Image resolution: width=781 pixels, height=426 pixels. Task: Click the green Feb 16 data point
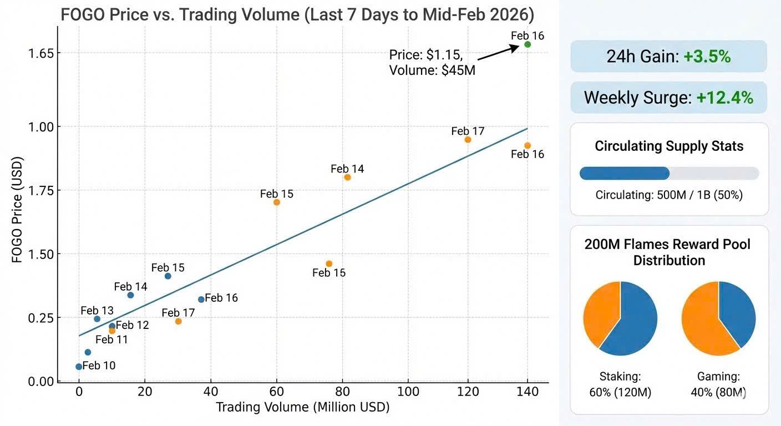[528, 44]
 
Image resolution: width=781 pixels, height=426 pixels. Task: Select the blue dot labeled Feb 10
[79, 367]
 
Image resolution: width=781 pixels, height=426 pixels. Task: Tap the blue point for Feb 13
[97, 319]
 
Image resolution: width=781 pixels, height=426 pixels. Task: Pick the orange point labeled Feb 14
[347, 177]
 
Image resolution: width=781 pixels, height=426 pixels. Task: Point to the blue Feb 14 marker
[130, 295]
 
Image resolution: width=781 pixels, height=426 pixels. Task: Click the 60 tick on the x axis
[277, 392]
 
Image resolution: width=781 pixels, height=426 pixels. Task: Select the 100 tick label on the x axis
[408, 392]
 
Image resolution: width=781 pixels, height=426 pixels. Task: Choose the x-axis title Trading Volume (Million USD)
[302, 408]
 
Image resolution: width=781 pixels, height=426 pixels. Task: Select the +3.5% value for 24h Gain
[707, 57]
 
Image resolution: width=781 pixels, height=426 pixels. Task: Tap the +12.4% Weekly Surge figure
[725, 98]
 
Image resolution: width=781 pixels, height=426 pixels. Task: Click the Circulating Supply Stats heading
[669, 146]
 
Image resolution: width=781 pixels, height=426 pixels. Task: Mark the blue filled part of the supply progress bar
[624, 173]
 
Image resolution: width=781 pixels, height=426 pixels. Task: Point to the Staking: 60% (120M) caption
[620, 385]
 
